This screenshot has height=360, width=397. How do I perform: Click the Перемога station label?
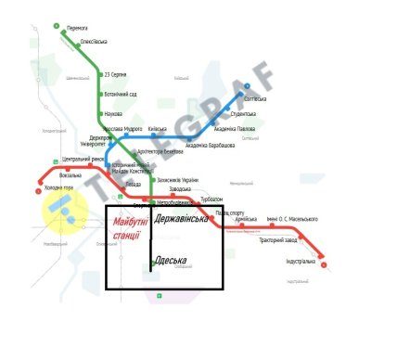pyautogui.click(x=78, y=29)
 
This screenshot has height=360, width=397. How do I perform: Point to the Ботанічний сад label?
pyautogui.click(x=122, y=94)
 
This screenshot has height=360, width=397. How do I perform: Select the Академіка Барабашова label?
pyautogui.click(x=210, y=145)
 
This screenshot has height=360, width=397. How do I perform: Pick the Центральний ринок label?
pyautogui.click(x=83, y=160)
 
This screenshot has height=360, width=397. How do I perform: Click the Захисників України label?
pyautogui.click(x=177, y=179)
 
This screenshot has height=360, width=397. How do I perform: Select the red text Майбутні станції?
pyautogui.click(x=130, y=228)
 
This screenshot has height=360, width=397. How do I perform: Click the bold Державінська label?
pyautogui.click(x=183, y=220)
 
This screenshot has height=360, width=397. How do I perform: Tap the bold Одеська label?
pyautogui.click(x=171, y=260)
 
